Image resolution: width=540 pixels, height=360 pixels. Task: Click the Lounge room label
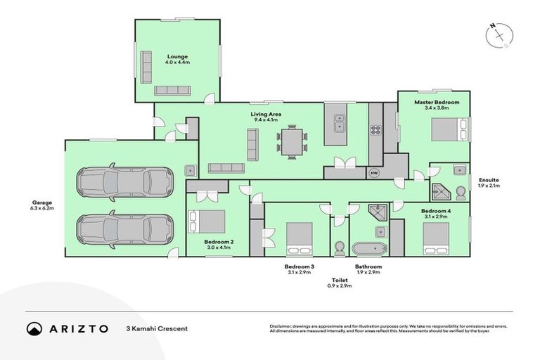point(177,56)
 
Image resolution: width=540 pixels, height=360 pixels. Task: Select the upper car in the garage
point(125,183)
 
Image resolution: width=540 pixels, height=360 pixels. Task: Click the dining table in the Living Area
point(292,143)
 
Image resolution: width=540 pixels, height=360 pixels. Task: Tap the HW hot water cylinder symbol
point(374,172)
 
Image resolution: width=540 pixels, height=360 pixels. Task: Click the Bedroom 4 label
point(435,212)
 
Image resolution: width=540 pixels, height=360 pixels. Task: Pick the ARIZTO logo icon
point(34,328)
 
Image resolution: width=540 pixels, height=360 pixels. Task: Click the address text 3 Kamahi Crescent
point(157,328)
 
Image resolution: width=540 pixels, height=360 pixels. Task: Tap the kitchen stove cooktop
point(375,129)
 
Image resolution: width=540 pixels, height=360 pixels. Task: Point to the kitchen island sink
point(339,127)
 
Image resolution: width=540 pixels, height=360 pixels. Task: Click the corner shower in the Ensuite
point(442,189)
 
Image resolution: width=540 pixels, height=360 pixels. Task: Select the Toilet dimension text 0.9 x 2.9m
point(340,287)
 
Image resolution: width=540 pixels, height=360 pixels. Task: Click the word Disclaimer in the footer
point(283,326)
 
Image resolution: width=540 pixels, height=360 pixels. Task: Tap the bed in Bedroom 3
point(300,238)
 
